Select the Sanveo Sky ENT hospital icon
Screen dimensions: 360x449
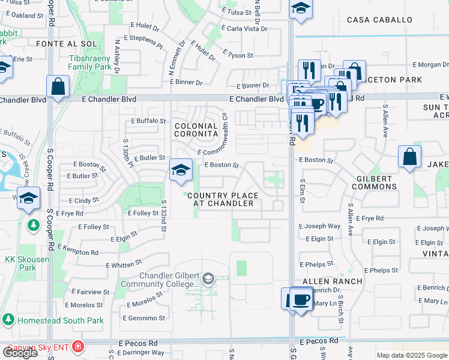pos(77,347)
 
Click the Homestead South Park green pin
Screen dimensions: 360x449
pos(8,320)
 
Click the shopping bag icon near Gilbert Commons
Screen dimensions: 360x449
pos(409,157)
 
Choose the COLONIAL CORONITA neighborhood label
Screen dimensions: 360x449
pos(196,130)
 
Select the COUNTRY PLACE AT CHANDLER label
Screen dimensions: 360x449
pos(223,199)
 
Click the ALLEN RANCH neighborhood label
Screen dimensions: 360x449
pos(332,281)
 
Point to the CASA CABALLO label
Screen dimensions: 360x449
pos(380,20)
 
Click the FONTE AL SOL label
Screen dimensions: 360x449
pos(58,44)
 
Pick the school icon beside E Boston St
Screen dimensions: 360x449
pos(180,170)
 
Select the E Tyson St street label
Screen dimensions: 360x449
pos(238,55)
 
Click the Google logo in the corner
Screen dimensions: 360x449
pos(19,352)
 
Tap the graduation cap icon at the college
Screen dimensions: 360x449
pos(208,278)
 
